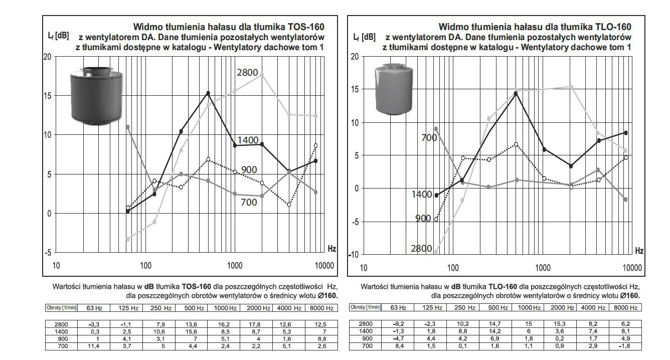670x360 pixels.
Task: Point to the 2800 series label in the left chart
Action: click(247, 73)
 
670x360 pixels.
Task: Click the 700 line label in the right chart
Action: click(429, 137)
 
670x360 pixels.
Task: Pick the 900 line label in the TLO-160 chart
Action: click(423, 219)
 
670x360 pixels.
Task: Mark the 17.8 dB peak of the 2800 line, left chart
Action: click(262, 74)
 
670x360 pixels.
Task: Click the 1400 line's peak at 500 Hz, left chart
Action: click(208, 93)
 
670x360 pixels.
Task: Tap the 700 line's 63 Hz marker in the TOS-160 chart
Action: click(128, 127)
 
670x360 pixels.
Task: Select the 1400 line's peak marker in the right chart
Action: click(515, 93)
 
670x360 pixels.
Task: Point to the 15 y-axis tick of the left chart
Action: click(47, 95)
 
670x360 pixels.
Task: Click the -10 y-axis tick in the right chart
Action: click(354, 254)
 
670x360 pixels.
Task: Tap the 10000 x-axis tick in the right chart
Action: click(632, 267)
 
